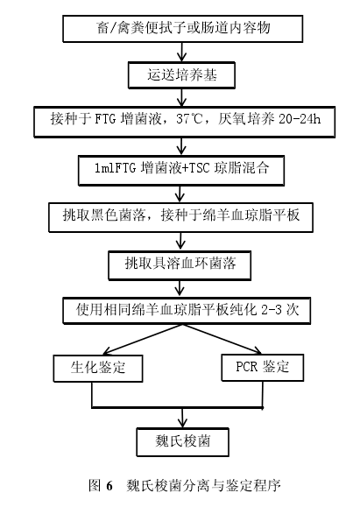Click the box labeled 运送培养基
pyautogui.click(x=181, y=75)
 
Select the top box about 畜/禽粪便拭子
pyautogui.click(x=183, y=28)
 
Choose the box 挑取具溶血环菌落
pyautogui.click(x=180, y=266)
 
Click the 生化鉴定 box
pyautogui.click(x=98, y=369)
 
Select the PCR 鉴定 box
pyautogui.click(x=262, y=368)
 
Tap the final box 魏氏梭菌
pyautogui.click(x=183, y=442)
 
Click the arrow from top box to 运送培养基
pyautogui.click(x=181, y=52)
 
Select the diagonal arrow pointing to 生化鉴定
pyautogui.click(x=143, y=340)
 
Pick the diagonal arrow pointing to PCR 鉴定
pyautogui.click(x=222, y=340)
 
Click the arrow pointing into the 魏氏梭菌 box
pyautogui.click(x=183, y=418)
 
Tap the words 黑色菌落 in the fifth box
pyautogui.click(x=118, y=215)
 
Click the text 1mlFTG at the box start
pyautogui.click(x=115, y=168)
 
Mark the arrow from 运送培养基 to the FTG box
pyautogui.click(x=181, y=97)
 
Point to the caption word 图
pyautogui.click(x=95, y=486)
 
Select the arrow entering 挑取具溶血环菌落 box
pyautogui.click(x=180, y=242)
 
